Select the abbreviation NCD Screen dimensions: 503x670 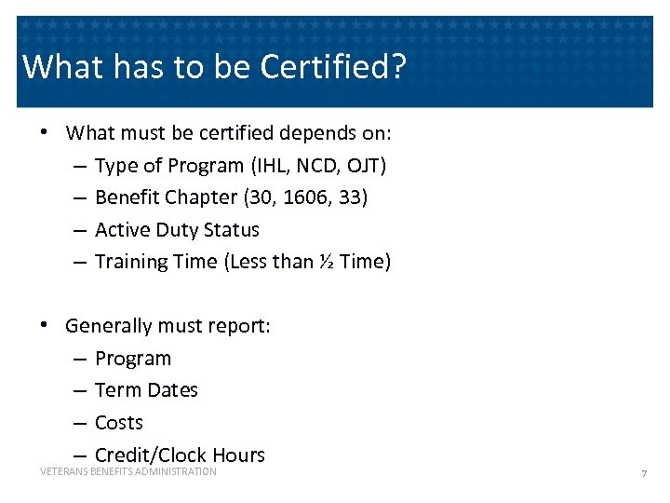320,166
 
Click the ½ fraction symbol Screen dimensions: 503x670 326,262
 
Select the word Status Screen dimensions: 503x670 233,230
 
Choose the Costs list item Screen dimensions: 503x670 119,423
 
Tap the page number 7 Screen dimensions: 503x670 643,474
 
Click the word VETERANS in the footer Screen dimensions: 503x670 61,472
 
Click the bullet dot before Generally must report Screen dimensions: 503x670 44,326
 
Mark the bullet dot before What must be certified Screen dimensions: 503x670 44,133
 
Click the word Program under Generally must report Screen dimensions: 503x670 133,359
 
